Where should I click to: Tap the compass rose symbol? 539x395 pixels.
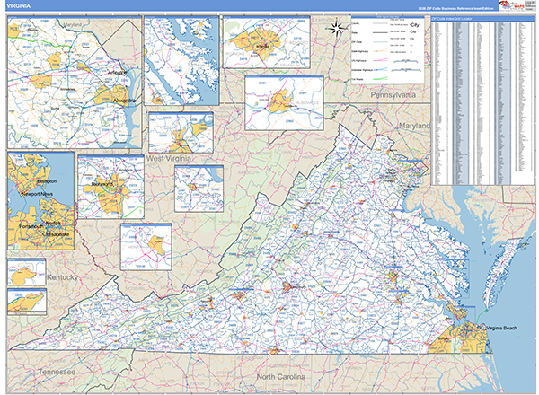pyautogui.click(x=335, y=27)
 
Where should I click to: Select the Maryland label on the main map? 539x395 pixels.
pyautogui.click(x=415, y=126)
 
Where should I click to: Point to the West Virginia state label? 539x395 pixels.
pyautogui.click(x=172, y=158)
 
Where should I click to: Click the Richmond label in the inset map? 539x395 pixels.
pyautogui.click(x=102, y=185)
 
